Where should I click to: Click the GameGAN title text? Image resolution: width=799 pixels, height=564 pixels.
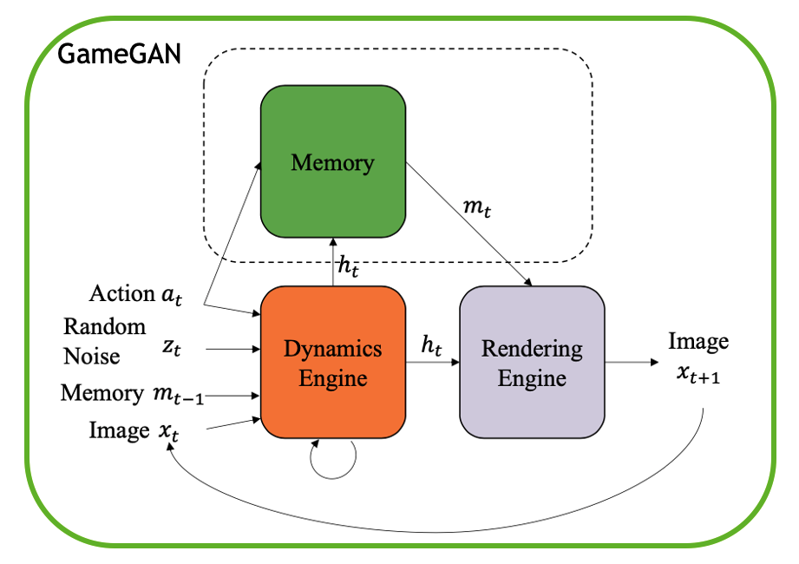point(119,54)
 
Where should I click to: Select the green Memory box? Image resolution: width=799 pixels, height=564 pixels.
point(333,161)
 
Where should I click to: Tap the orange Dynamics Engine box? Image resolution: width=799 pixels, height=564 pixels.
point(333,362)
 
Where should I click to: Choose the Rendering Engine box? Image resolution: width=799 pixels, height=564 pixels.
point(532,362)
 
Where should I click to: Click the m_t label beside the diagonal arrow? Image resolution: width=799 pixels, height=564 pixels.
point(477,207)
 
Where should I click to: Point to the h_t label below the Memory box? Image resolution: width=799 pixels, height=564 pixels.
point(349,266)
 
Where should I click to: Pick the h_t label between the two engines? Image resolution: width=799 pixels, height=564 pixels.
point(431,345)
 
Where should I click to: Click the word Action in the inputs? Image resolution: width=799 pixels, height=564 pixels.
point(121,293)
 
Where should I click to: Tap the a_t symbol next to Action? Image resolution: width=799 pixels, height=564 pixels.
point(171,296)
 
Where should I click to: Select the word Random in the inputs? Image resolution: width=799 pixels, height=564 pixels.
point(104,326)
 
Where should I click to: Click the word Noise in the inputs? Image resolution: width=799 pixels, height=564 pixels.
point(92,356)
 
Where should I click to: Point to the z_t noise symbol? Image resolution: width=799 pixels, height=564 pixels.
point(172,347)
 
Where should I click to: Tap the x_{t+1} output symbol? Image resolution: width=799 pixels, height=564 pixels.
point(698,375)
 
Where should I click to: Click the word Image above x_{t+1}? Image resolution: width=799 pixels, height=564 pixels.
point(698,341)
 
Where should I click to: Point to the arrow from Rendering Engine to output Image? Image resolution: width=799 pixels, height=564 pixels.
point(632,362)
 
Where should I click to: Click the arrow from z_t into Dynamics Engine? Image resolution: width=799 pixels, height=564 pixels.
point(232,349)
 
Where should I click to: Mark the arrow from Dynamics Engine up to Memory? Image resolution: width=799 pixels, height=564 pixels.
point(333,262)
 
